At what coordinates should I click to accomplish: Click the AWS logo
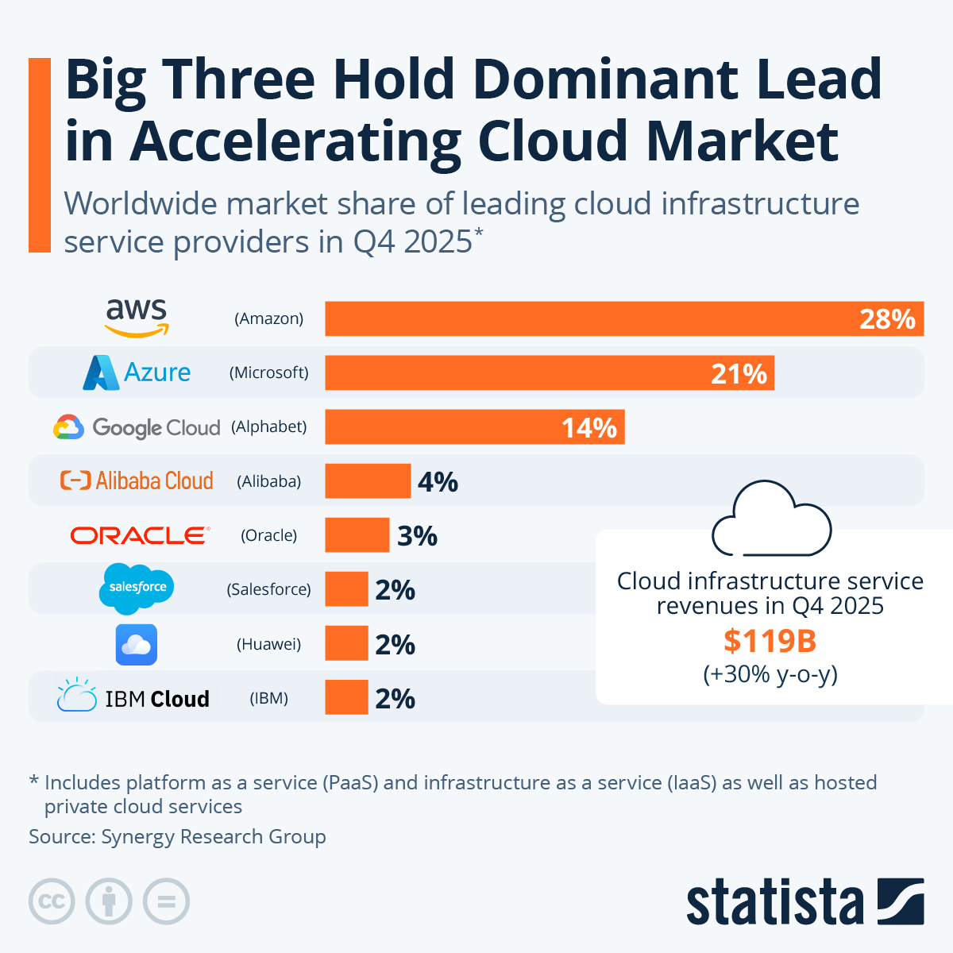[x=137, y=318]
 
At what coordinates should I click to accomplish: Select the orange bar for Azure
[x=549, y=372]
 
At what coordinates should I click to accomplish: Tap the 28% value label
[x=887, y=319]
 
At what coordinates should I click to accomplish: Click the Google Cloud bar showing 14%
[x=474, y=427]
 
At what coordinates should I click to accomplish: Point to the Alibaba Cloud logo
[x=137, y=480]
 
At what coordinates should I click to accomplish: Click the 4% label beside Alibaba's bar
[x=438, y=482]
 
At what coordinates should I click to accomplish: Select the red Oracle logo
[x=140, y=535]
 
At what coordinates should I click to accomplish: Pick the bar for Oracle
[x=357, y=535]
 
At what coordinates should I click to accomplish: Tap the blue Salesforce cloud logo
[x=137, y=588]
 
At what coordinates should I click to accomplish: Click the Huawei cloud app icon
[x=137, y=644]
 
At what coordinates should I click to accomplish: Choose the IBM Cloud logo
[x=133, y=697]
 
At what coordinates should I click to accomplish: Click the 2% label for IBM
[x=395, y=699]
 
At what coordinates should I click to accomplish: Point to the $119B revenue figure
[x=770, y=641]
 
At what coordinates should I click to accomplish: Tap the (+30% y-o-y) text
[x=770, y=674]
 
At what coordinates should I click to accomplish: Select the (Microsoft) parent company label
[x=269, y=372]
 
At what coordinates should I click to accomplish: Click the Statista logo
[x=804, y=901]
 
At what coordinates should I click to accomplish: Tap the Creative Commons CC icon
[x=52, y=901]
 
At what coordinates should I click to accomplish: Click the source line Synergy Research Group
[x=177, y=836]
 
